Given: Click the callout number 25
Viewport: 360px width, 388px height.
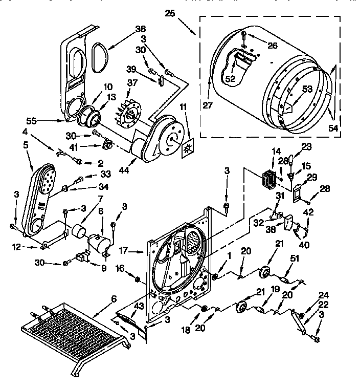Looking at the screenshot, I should pos(170,13).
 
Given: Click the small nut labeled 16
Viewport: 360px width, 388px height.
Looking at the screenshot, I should pos(137,279).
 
